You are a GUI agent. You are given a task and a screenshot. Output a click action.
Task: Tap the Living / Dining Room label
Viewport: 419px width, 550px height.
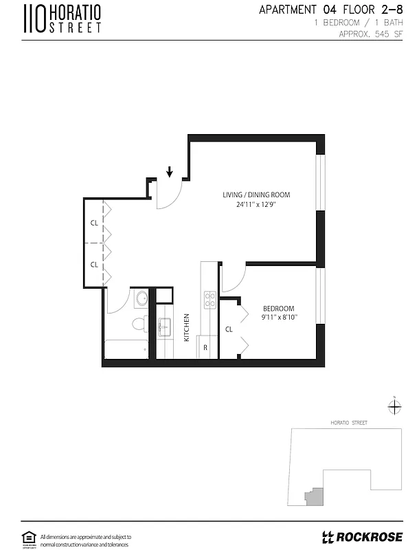click(x=251, y=195)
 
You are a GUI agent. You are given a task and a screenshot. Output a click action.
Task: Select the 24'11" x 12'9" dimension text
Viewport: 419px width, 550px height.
click(x=251, y=204)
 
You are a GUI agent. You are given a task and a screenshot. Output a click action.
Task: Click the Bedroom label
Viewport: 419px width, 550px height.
click(x=279, y=308)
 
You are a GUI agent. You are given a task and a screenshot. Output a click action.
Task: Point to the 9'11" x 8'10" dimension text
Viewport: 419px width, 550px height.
click(x=279, y=318)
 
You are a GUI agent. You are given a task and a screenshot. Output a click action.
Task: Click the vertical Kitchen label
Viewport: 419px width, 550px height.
click(x=186, y=327)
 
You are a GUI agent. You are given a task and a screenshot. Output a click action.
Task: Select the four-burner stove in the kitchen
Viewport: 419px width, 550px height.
click(x=209, y=299)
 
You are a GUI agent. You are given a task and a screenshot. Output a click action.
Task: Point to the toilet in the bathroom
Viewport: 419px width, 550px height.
click(x=139, y=323)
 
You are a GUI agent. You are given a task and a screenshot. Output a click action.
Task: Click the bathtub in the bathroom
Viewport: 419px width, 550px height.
click(x=126, y=349)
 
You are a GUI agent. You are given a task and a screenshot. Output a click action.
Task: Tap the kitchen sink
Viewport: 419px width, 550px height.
click(x=164, y=326)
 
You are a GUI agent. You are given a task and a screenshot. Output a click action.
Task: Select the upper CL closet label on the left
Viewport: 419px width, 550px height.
click(x=94, y=223)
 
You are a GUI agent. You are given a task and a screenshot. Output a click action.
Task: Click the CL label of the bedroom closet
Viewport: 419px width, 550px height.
click(x=229, y=329)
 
